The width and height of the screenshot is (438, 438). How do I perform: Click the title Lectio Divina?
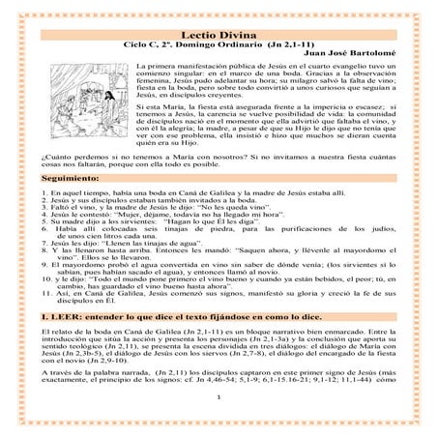pos(219,32)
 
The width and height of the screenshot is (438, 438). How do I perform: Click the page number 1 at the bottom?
pos(221,423)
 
